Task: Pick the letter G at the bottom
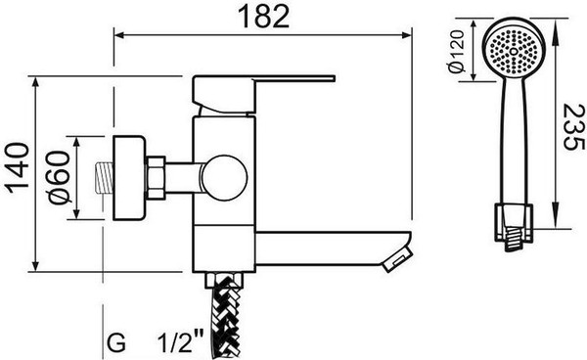pyautogui.click(x=116, y=343)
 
